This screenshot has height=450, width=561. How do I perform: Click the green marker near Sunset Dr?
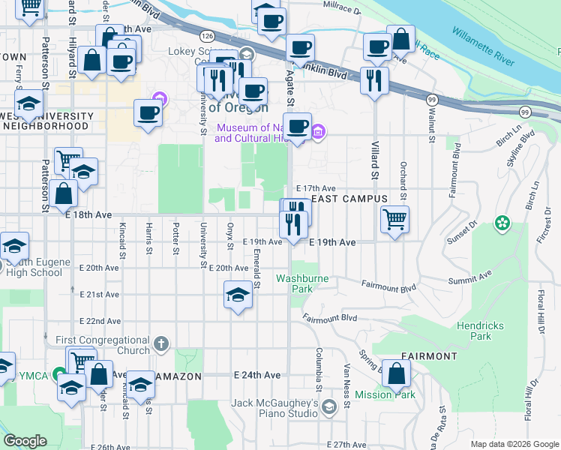[x=501, y=223]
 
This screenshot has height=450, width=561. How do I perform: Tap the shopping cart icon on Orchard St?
[x=394, y=220]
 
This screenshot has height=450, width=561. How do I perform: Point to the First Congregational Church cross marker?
[x=160, y=345]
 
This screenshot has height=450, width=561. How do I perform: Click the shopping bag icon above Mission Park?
[x=396, y=372]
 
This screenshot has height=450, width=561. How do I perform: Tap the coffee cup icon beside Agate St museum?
[x=298, y=126]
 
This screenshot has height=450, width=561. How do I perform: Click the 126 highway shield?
[x=207, y=35]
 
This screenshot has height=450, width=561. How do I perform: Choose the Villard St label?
[x=373, y=160]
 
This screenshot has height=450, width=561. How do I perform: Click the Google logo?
[x=25, y=441]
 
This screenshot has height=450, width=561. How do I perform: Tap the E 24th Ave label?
[x=256, y=374]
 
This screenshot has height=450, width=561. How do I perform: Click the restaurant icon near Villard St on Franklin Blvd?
[x=373, y=79]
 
